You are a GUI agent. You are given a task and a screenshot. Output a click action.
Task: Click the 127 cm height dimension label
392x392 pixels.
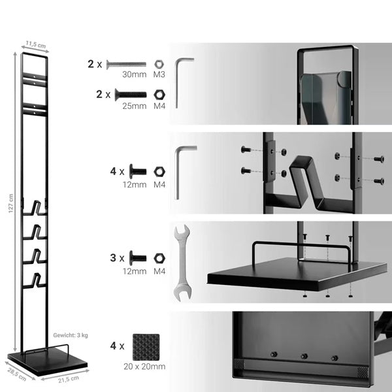[10, 203]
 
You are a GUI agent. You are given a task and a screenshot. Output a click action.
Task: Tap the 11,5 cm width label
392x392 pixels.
[36, 44]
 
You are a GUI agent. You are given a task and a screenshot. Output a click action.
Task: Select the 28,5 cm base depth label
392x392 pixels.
[17, 374]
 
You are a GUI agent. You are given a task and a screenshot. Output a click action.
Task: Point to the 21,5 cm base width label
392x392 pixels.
[69, 379]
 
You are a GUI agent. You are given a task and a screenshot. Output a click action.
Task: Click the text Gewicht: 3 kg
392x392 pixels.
[71, 335]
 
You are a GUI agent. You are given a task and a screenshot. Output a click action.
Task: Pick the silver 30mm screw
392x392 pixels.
[126, 65]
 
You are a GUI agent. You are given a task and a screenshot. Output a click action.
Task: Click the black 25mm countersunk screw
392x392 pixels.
[131, 95]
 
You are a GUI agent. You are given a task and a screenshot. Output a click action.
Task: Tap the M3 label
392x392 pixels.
[159, 74]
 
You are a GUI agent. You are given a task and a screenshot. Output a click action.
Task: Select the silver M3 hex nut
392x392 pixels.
[159, 64]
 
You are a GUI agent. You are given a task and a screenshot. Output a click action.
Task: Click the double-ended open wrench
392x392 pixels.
[183, 263]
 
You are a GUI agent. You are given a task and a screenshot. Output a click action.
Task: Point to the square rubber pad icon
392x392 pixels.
[146, 347]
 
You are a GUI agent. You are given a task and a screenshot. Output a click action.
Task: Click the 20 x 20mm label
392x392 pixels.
[144, 367]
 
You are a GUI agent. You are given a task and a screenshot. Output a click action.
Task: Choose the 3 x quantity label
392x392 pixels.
[117, 258]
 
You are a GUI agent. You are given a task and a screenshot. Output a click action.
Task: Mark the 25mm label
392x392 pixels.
[135, 106]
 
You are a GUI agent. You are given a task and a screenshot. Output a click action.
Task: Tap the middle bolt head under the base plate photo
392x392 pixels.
[304, 356]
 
